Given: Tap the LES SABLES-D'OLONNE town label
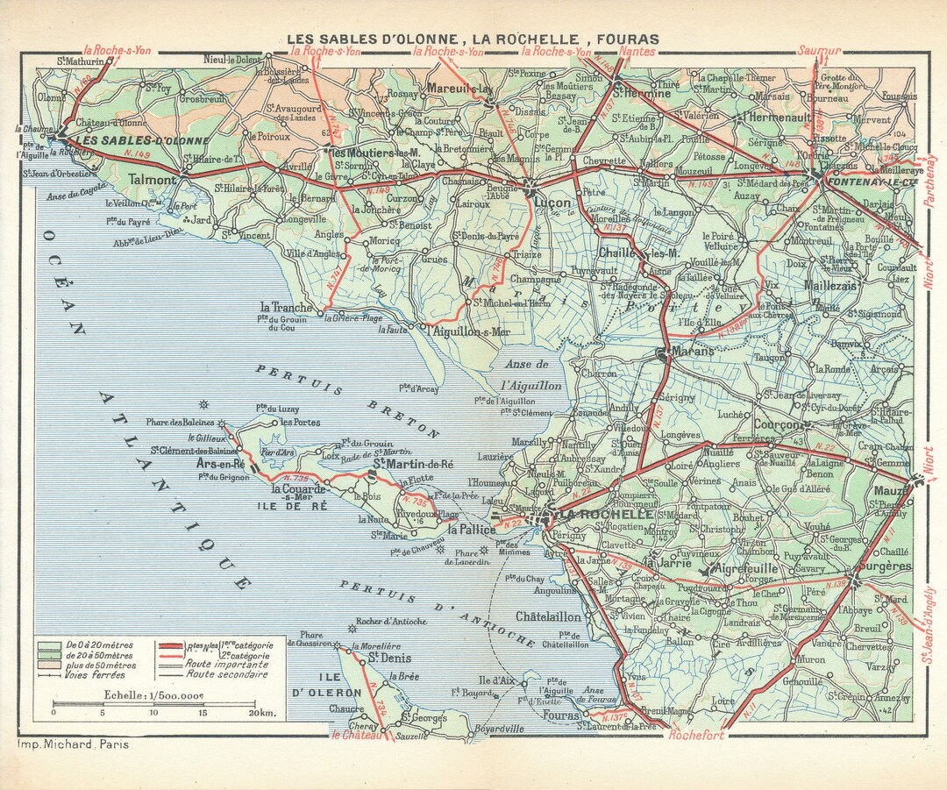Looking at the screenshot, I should [142, 140].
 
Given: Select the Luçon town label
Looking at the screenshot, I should [550, 203].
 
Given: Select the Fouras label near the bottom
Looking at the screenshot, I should [561, 716].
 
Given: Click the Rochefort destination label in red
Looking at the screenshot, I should [696, 736].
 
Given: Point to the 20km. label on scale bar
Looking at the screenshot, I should [260, 713].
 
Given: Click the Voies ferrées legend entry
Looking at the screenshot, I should [95, 674].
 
